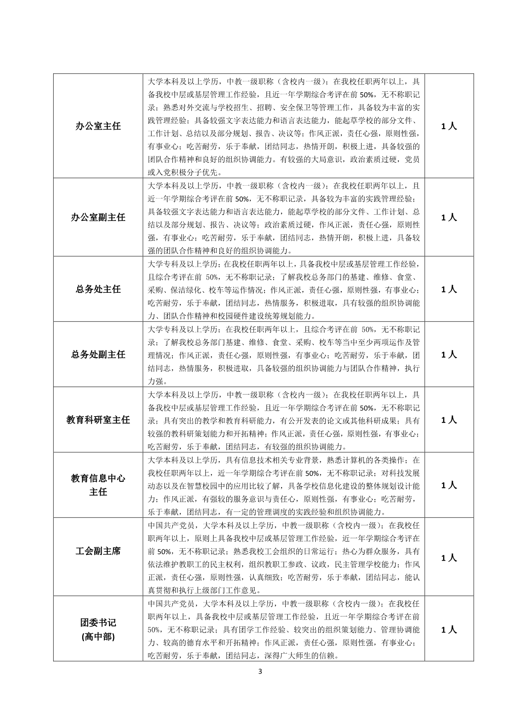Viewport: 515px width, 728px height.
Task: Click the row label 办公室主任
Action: click(98, 126)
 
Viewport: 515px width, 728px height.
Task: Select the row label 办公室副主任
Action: click(98, 218)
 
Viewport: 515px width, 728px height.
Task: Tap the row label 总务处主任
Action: click(98, 289)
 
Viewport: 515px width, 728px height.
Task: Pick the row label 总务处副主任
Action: click(98, 355)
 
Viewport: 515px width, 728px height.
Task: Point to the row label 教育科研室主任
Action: click(98, 420)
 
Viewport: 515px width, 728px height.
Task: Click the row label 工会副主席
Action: click(98, 551)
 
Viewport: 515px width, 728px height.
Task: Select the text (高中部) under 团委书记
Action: click(98, 637)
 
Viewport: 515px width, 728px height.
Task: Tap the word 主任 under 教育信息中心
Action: click(98, 492)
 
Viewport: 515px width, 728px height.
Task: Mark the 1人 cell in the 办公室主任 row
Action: click(449, 126)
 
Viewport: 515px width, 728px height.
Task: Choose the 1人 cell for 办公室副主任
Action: click(449, 218)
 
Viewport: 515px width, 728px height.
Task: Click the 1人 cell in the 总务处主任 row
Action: click(449, 289)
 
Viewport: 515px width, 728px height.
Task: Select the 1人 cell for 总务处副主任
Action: click(449, 355)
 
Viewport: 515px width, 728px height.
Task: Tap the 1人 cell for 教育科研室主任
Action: click(449, 420)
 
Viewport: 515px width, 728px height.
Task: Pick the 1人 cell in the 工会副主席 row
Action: click(449, 558)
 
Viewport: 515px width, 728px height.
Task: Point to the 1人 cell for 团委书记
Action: click(449, 630)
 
